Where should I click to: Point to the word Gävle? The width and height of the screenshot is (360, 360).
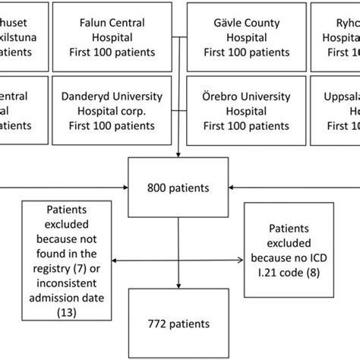[x=220, y=22]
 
